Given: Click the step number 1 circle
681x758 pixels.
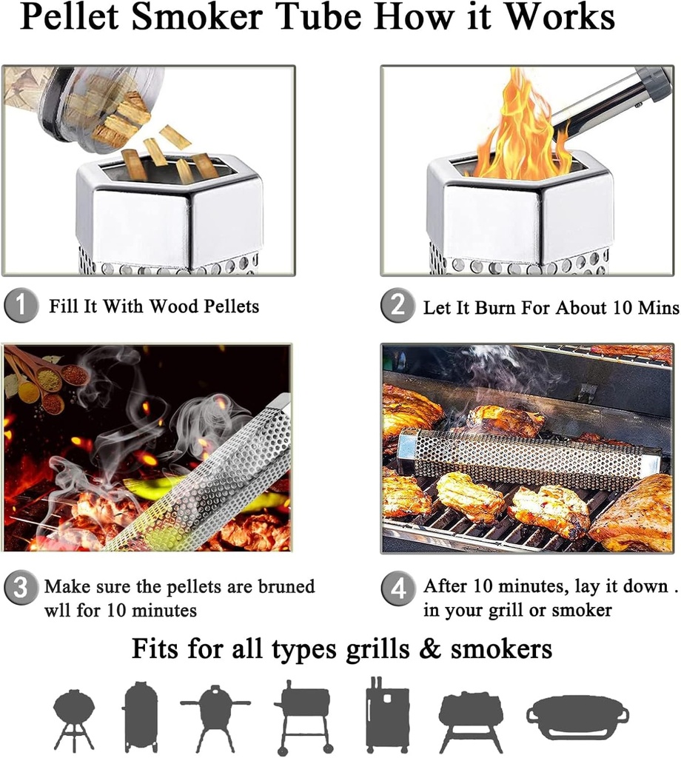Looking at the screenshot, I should tap(21, 306).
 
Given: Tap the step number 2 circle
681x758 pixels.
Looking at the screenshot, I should tap(398, 306).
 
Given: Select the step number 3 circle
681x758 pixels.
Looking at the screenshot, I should tap(21, 588).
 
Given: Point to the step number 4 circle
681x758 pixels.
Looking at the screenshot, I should tap(398, 589).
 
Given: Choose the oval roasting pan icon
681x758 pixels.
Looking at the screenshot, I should tap(577, 717).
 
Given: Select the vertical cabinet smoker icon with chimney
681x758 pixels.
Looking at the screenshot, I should tap(387, 714).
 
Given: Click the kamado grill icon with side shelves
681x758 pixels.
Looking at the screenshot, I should tap(215, 717).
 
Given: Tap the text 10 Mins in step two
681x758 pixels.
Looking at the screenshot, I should tap(644, 307).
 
